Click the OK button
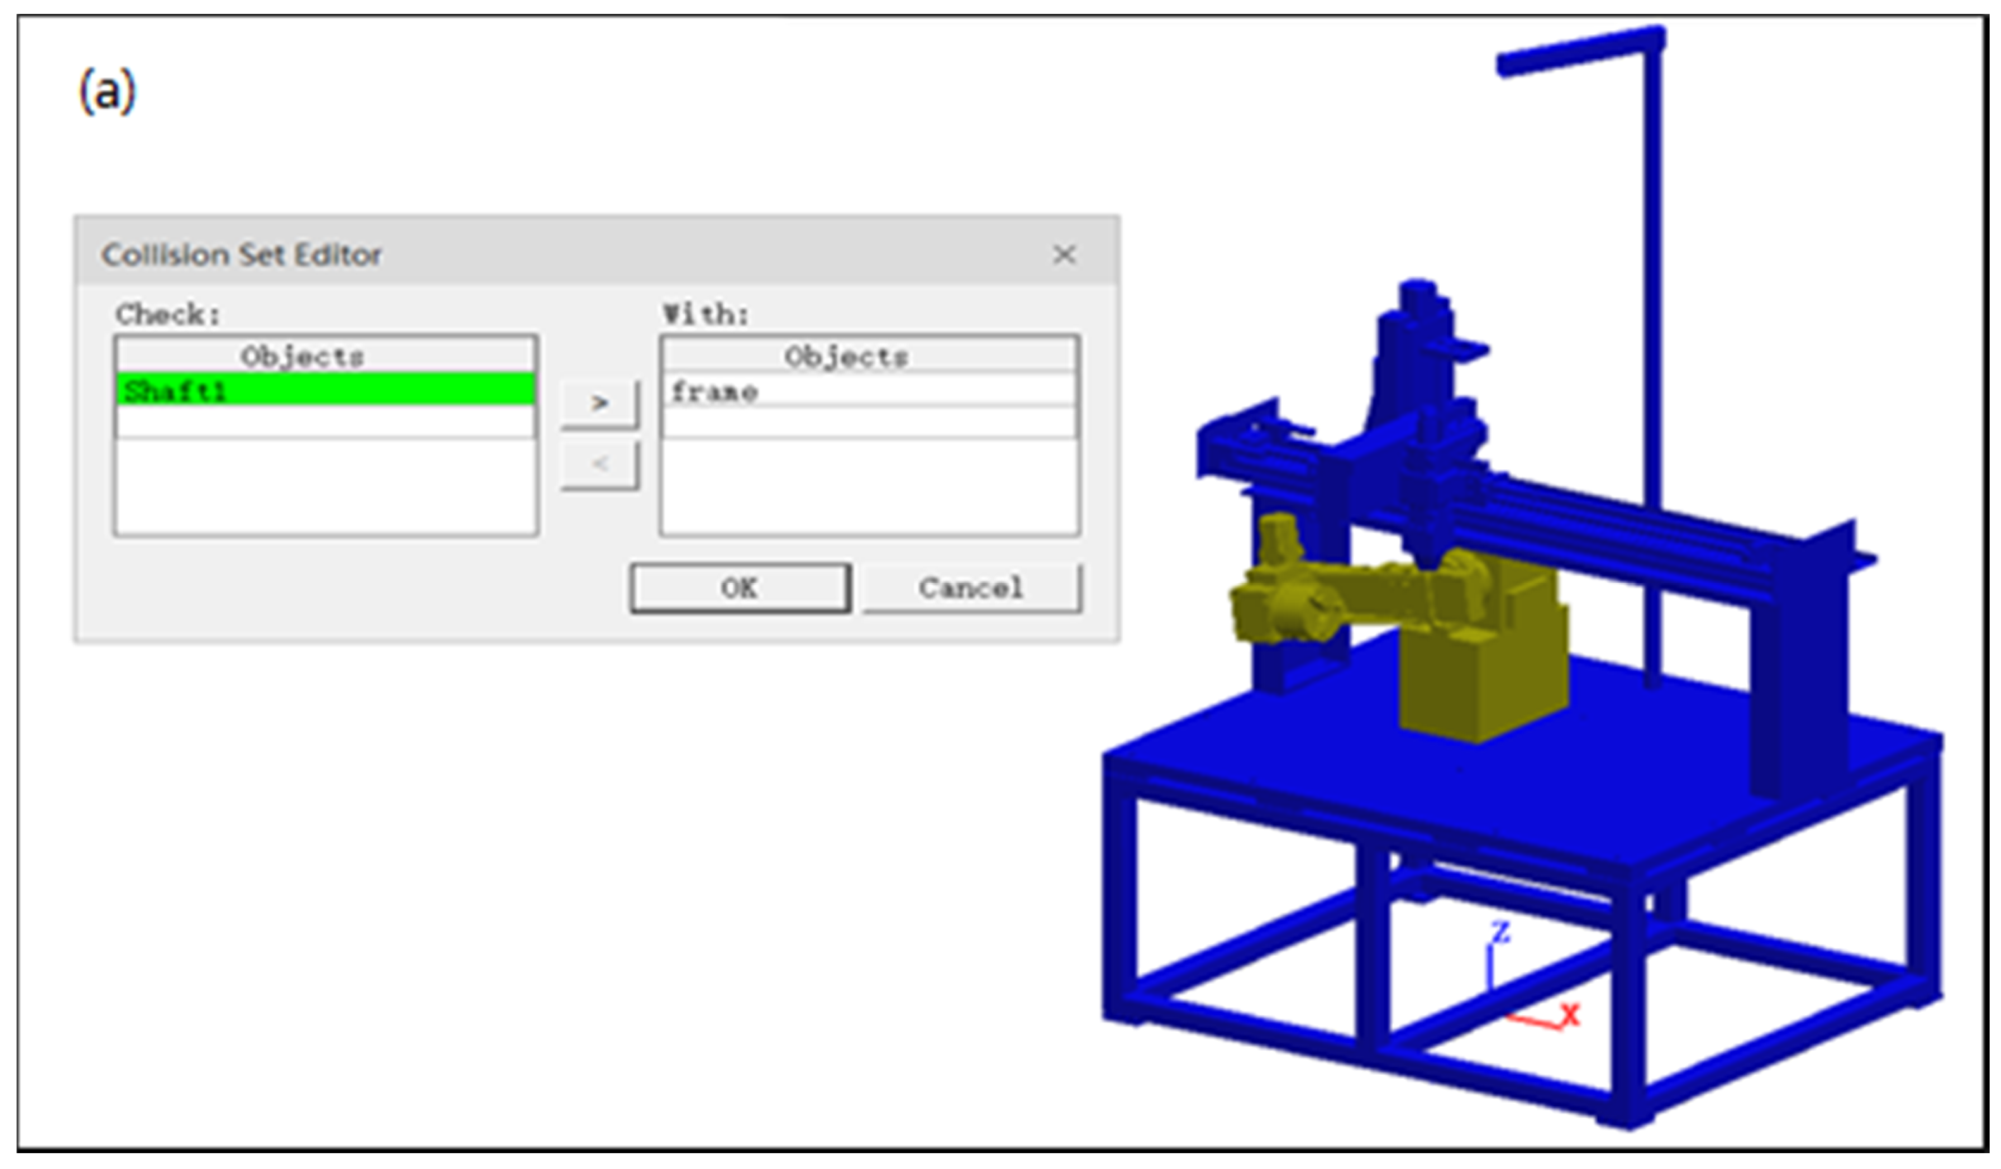[740, 588]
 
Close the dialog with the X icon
[1064, 255]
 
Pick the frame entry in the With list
[869, 390]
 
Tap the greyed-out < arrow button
[599, 464]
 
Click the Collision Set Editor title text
[241, 255]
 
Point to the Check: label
[168, 314]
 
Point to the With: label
[706, 314]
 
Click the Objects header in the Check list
[302, 356]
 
